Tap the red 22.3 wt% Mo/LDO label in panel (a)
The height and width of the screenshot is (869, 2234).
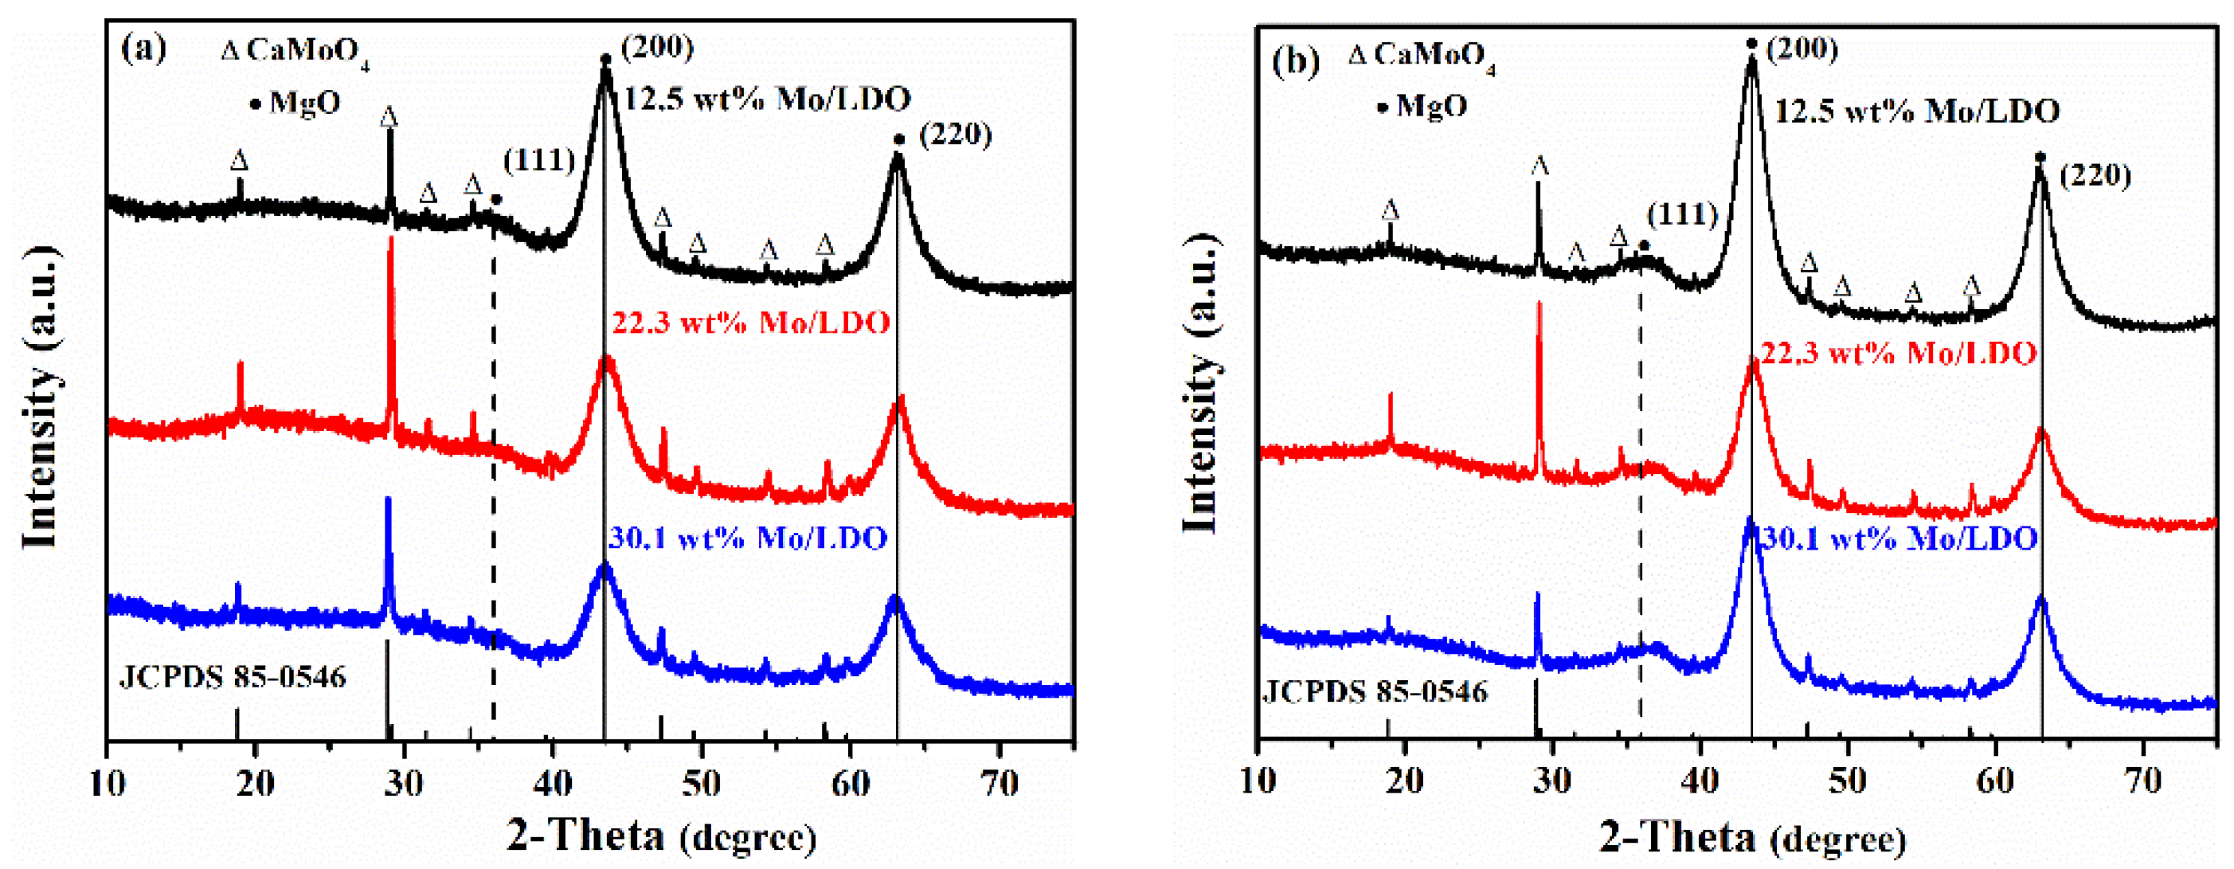(x=751, y=323)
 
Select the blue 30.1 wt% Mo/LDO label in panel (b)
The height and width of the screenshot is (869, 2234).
(x=1899, y=539)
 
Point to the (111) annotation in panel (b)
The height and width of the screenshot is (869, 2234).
(x=1681, y=213)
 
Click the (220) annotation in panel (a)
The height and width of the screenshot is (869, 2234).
(x=955, y=135)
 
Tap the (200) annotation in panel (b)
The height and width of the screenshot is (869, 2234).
(x=1802, y=49)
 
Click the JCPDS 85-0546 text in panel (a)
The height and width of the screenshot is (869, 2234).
(x=233, y=676)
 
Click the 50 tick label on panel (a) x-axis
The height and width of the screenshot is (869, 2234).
(x=700, y=783)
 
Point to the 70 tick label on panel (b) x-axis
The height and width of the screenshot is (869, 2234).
(x=2143, y=781)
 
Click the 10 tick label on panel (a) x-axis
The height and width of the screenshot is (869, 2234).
(x=108, y=783)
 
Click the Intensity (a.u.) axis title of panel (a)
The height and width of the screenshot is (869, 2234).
(x=41, y=399)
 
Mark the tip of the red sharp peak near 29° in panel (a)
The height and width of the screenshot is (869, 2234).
(x=391, y=237)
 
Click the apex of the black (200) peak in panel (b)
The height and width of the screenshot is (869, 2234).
(x=1751, y=59)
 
